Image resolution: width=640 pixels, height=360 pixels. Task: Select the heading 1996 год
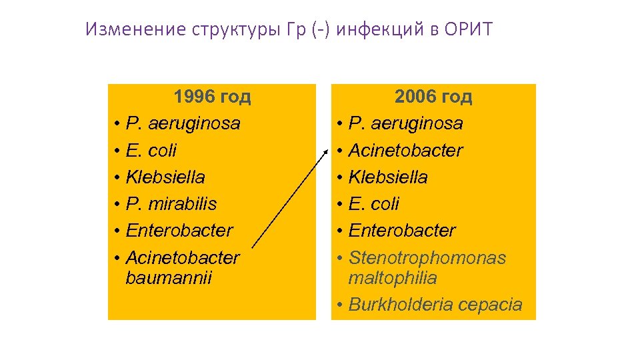(212, 97)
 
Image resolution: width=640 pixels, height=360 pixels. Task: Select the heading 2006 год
(433, 97)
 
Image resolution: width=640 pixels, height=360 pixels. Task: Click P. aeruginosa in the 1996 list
(183, 124)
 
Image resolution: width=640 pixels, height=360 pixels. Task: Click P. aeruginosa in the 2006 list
(405, 124)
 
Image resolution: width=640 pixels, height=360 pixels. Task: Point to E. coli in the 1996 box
(151, 151)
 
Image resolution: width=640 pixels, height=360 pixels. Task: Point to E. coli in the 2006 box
(374, 204)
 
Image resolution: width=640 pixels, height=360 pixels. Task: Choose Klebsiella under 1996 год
(165, 177)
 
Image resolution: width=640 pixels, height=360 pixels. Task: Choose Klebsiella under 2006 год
(388, 177)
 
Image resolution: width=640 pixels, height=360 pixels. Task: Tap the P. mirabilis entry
(171, 204)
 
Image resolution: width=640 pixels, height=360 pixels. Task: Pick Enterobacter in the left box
(179, 231)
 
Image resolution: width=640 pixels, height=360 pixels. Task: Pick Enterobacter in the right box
(402, 231)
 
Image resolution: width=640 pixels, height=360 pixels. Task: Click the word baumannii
(168, 277)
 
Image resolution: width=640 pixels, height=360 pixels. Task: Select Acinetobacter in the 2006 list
(405, 151)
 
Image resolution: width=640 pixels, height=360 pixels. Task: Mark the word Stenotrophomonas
(427, 258)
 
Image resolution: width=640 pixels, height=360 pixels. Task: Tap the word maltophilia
(393, 277)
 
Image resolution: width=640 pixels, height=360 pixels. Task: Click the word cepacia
(492, 305)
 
